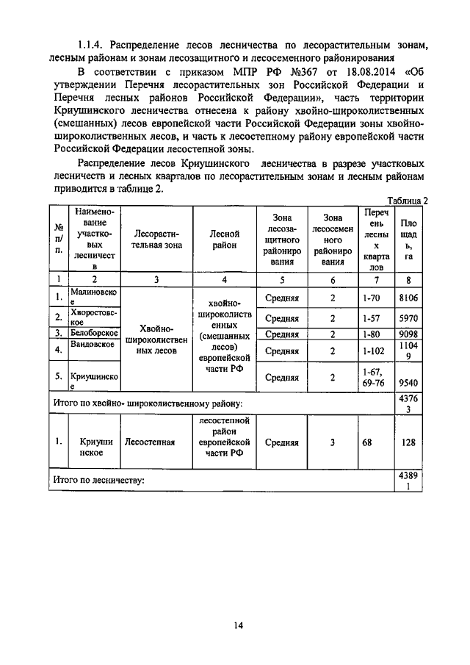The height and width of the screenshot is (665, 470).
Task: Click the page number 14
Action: [238, 625]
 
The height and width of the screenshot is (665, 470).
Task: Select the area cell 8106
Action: [409, 298]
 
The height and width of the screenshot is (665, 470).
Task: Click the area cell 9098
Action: [409, 334]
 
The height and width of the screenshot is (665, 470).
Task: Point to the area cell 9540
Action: [409, 382]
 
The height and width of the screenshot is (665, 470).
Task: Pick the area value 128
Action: [409, 442]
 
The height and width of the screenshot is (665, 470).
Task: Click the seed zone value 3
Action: [332, 442]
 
